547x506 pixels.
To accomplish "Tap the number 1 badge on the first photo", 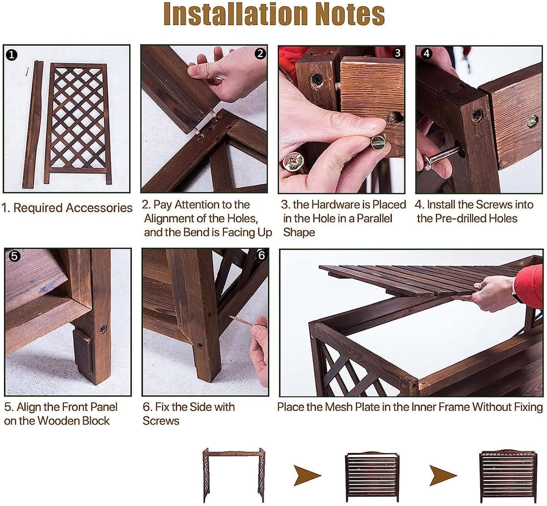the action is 12,55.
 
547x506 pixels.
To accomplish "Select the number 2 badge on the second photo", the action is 260,53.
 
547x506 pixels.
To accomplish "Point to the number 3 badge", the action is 397,53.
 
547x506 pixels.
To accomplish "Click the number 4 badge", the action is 426,53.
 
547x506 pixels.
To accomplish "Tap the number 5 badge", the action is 15,256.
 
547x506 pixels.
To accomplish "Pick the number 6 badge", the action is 261,256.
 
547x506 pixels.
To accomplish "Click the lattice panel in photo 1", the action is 78,123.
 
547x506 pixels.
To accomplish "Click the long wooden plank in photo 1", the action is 33,125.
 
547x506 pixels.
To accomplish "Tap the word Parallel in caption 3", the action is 374,218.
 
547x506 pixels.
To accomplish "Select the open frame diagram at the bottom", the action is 234,475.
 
